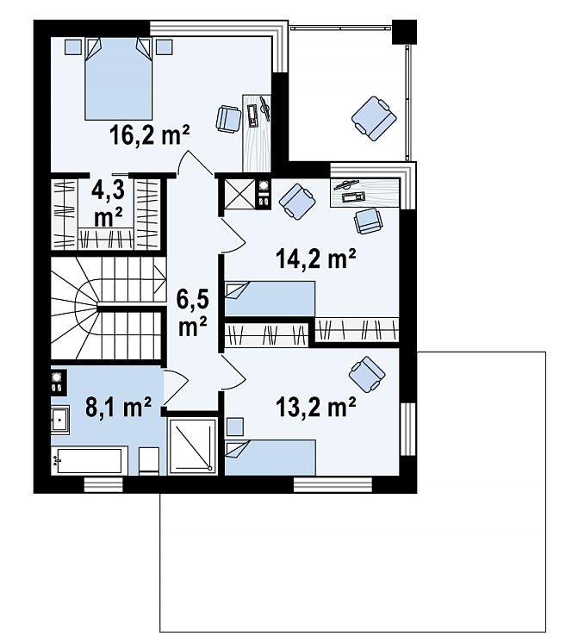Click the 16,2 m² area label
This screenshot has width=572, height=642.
tap(150, 135)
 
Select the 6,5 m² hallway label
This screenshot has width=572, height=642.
tap(192, 312)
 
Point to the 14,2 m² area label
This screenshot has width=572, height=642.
tap(316, 259)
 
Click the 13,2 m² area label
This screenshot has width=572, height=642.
tap(316, 408)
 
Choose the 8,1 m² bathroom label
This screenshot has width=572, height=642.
tap(119, 407)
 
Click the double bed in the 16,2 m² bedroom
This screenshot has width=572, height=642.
tap(119, 79)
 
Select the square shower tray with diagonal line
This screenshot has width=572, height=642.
tap(192, 446)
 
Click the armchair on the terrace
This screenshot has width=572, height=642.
tap(374, 118)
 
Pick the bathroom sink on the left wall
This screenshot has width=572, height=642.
tap(60, 420)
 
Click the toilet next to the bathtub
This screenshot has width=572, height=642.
tap(149, 461)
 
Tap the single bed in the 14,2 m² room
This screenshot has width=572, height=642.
tap(270, 299)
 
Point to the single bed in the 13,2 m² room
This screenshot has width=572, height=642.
tap(270, 458)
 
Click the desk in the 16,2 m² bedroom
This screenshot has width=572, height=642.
tap(257, 133)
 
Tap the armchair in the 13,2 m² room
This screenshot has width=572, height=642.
tap(367, 374)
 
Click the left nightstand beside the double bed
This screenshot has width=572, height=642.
tap(73, 47)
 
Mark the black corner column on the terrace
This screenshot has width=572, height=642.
tap(404, 32)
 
